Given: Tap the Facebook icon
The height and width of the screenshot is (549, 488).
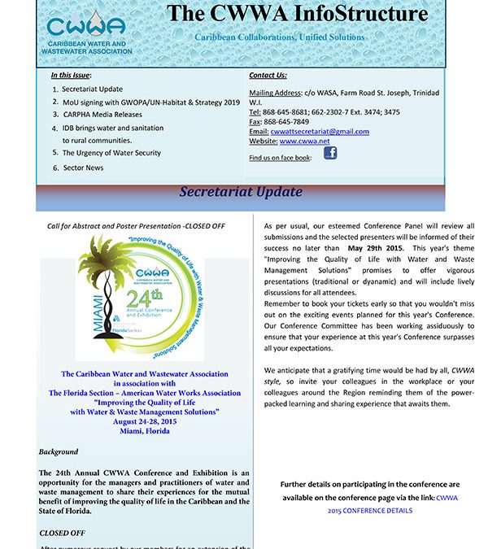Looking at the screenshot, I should point(330,152).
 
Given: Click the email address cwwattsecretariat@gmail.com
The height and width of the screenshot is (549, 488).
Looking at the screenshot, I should point(320,131).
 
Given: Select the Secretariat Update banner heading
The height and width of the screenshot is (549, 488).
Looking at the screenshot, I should point(241,192).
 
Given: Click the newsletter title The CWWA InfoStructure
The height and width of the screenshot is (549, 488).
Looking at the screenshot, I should point(297,14).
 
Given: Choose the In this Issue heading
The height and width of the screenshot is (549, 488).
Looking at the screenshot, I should point(71,75).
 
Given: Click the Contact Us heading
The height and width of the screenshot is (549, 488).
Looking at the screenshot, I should point(267,75).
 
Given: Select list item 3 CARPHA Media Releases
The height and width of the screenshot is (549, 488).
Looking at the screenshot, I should point(101,115).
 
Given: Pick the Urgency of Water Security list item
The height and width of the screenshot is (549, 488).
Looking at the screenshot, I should point(111,152).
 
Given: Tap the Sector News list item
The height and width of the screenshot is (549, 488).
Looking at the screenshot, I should point(83,168).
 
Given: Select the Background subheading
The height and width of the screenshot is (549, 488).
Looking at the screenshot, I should point(59,451).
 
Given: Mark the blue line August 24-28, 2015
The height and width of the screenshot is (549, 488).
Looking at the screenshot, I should point(145,421).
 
